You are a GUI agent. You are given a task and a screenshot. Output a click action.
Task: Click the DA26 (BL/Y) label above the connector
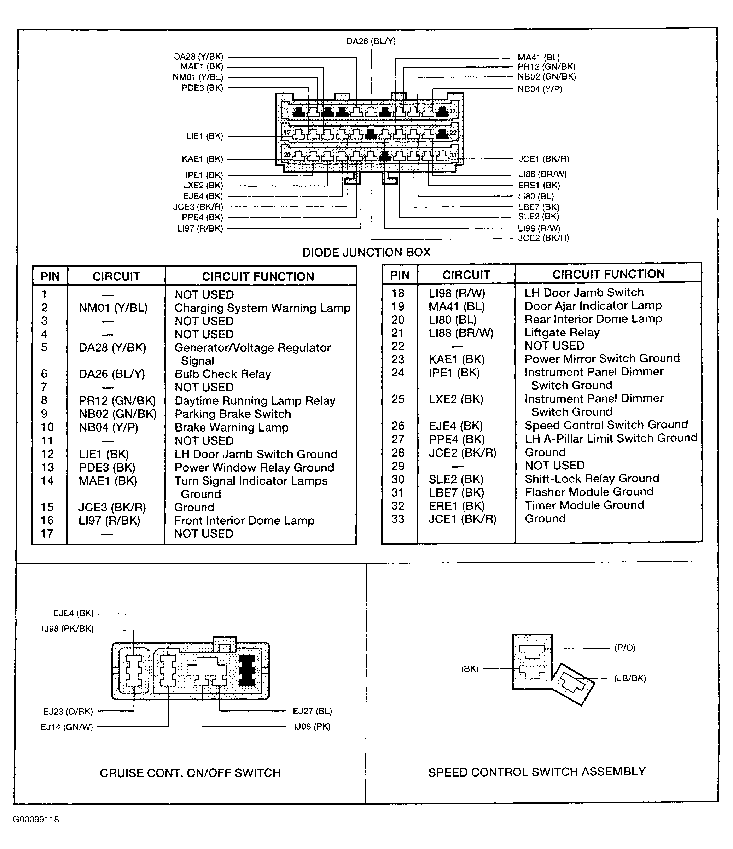click(x=371, y=41)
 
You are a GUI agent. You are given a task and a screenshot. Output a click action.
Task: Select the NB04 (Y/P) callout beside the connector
click(x=540, y=89)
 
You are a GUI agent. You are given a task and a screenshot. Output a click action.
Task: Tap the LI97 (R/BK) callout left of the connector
click(x=200, y=229)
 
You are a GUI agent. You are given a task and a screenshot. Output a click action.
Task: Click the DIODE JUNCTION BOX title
click(x=366, y=252)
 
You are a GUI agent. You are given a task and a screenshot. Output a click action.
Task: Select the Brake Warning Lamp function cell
click(x=231, y=427)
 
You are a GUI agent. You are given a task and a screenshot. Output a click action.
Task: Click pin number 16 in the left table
click(x=47, y=520)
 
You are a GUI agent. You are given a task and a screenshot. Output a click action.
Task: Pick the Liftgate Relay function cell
click(x=562, y=332)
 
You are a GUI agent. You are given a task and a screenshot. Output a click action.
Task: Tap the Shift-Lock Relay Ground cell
click(x=592, y=479)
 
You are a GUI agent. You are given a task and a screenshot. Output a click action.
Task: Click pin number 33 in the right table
click(x=398, y=519)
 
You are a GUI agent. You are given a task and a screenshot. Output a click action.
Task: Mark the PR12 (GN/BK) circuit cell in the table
click(x=117, y=401)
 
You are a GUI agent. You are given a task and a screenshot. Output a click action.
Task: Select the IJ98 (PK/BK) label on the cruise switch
click(x=68, y=629)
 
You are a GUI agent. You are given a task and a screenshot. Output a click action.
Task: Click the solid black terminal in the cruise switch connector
click(x=247, y=671)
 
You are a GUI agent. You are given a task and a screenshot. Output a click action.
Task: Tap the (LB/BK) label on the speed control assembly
click(x=630, y=679)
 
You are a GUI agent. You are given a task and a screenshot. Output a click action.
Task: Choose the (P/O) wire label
click(x=625, y=648)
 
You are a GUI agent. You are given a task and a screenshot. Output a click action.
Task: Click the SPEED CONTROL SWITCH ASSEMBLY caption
click(x=537, y=772)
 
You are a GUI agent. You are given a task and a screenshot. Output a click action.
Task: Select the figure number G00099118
click(x=36, y=820)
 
